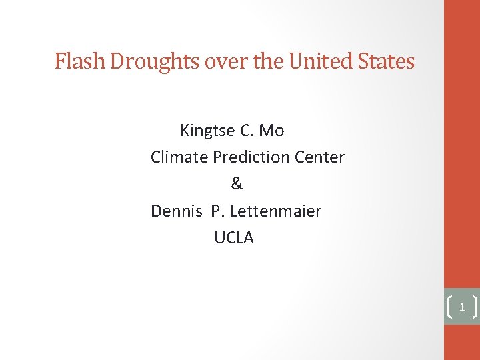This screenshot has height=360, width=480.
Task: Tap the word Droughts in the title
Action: tap(155, 62)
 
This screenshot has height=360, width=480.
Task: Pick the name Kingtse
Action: tap(207, 131)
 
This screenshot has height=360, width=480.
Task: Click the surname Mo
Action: tap(271, 131)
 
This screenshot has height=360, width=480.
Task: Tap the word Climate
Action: tap(179, 157)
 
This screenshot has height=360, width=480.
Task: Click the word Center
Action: tap(321, 157)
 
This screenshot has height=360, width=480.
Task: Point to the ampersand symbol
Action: tap(237, 184)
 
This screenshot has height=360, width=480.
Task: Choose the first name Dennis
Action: tap(176, 211)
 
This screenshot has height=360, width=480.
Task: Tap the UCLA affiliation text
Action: tap(234, 238)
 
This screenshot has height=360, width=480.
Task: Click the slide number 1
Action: tap(461, 308)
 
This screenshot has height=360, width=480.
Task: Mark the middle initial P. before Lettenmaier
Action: tap(217, 211)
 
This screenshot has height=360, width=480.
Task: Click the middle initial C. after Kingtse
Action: tap(246, 131)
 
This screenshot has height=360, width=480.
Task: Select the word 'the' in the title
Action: tap(268, 62)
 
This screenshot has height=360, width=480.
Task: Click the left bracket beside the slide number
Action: tap(448, 307)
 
